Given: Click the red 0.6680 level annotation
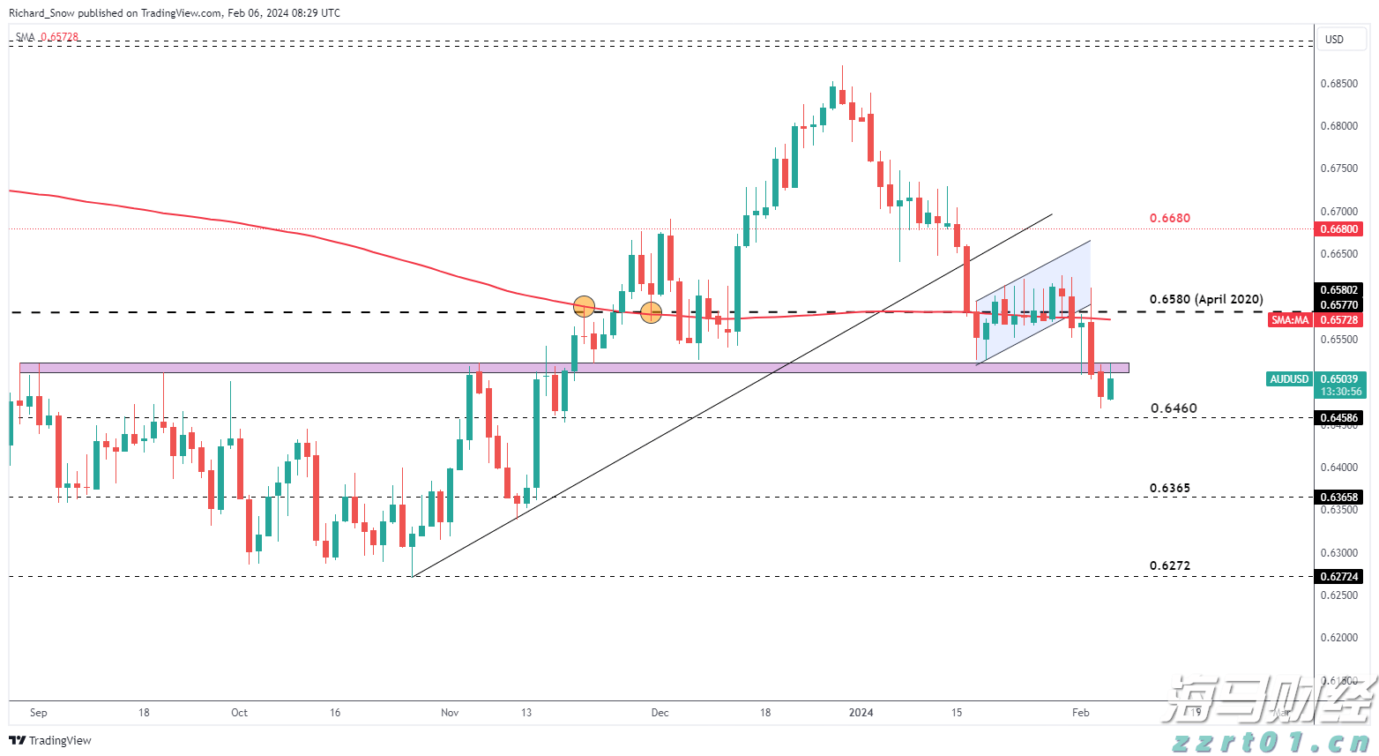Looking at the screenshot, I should [x=1169, y=218].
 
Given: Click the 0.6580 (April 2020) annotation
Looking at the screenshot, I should [x=1205, y=299].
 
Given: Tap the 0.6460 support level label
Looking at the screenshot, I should [x=1174, y=408].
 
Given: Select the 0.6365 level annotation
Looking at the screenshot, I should [x=1169, y=488].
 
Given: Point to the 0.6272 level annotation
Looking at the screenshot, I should [x=1169, y=565].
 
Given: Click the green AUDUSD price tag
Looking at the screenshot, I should [x=1289, y=379].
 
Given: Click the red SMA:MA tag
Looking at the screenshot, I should [x=1289, y=320].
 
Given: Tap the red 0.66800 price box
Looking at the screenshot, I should [x=1338, y=229].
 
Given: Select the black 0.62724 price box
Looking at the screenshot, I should [x=1338, y=576].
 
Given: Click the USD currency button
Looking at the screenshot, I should [x=1334, y=39].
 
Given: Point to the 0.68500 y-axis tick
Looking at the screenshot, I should [x=1338, y=84].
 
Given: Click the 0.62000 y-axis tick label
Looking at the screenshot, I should [x=1338, y=637].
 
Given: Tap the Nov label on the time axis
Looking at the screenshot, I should [x=450, y=713].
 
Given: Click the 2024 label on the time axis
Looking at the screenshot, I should [x=861, y=713].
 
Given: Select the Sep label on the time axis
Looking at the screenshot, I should [x=38, y=713].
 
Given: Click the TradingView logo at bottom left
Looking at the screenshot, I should [x=50, y=740].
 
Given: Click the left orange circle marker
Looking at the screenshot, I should [x=584, y=306].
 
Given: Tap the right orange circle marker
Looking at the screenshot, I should [x=651, y=311].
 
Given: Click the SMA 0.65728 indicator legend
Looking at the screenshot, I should [x=47, y=37].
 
